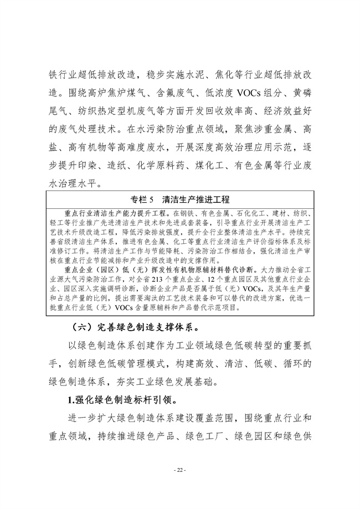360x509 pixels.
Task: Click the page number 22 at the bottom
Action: [x=179, y=470]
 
